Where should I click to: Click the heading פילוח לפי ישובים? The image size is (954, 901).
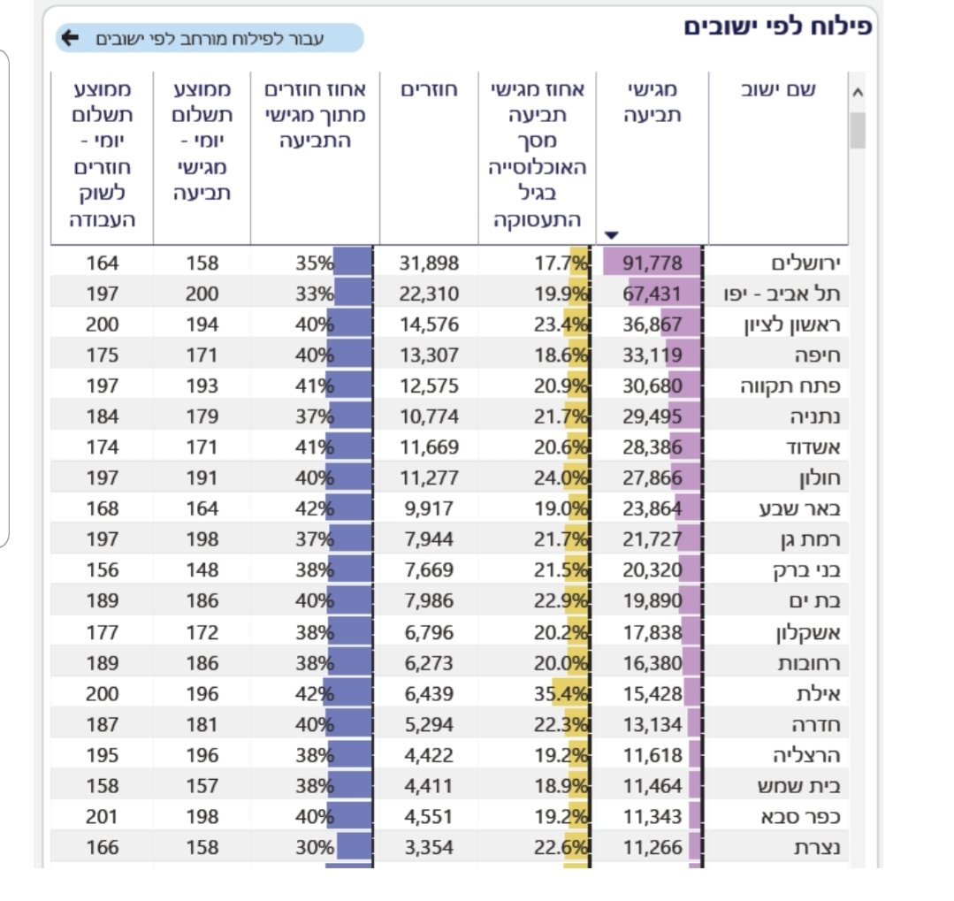coord(777,26)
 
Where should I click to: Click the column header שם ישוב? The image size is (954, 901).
coord(775,90)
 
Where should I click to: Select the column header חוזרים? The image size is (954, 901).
coord(429,90)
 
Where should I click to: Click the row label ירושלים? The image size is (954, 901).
coord(804,263)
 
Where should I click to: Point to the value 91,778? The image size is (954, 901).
coord(653,263)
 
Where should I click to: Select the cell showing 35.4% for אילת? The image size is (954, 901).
coord(561,694)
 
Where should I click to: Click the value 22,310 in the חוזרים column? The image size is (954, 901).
coord(430,294)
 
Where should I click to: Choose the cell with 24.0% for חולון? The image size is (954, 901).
coord(561,478)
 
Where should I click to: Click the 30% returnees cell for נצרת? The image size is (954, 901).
coord(315,848)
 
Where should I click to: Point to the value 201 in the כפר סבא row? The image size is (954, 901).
coord(102,817)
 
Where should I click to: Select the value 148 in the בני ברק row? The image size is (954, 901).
coord(202,571)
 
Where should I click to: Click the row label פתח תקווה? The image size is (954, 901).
coord(790,386)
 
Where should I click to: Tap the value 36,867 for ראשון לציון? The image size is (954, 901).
coord(653,325)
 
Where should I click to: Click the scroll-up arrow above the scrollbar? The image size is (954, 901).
coord(857,92)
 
